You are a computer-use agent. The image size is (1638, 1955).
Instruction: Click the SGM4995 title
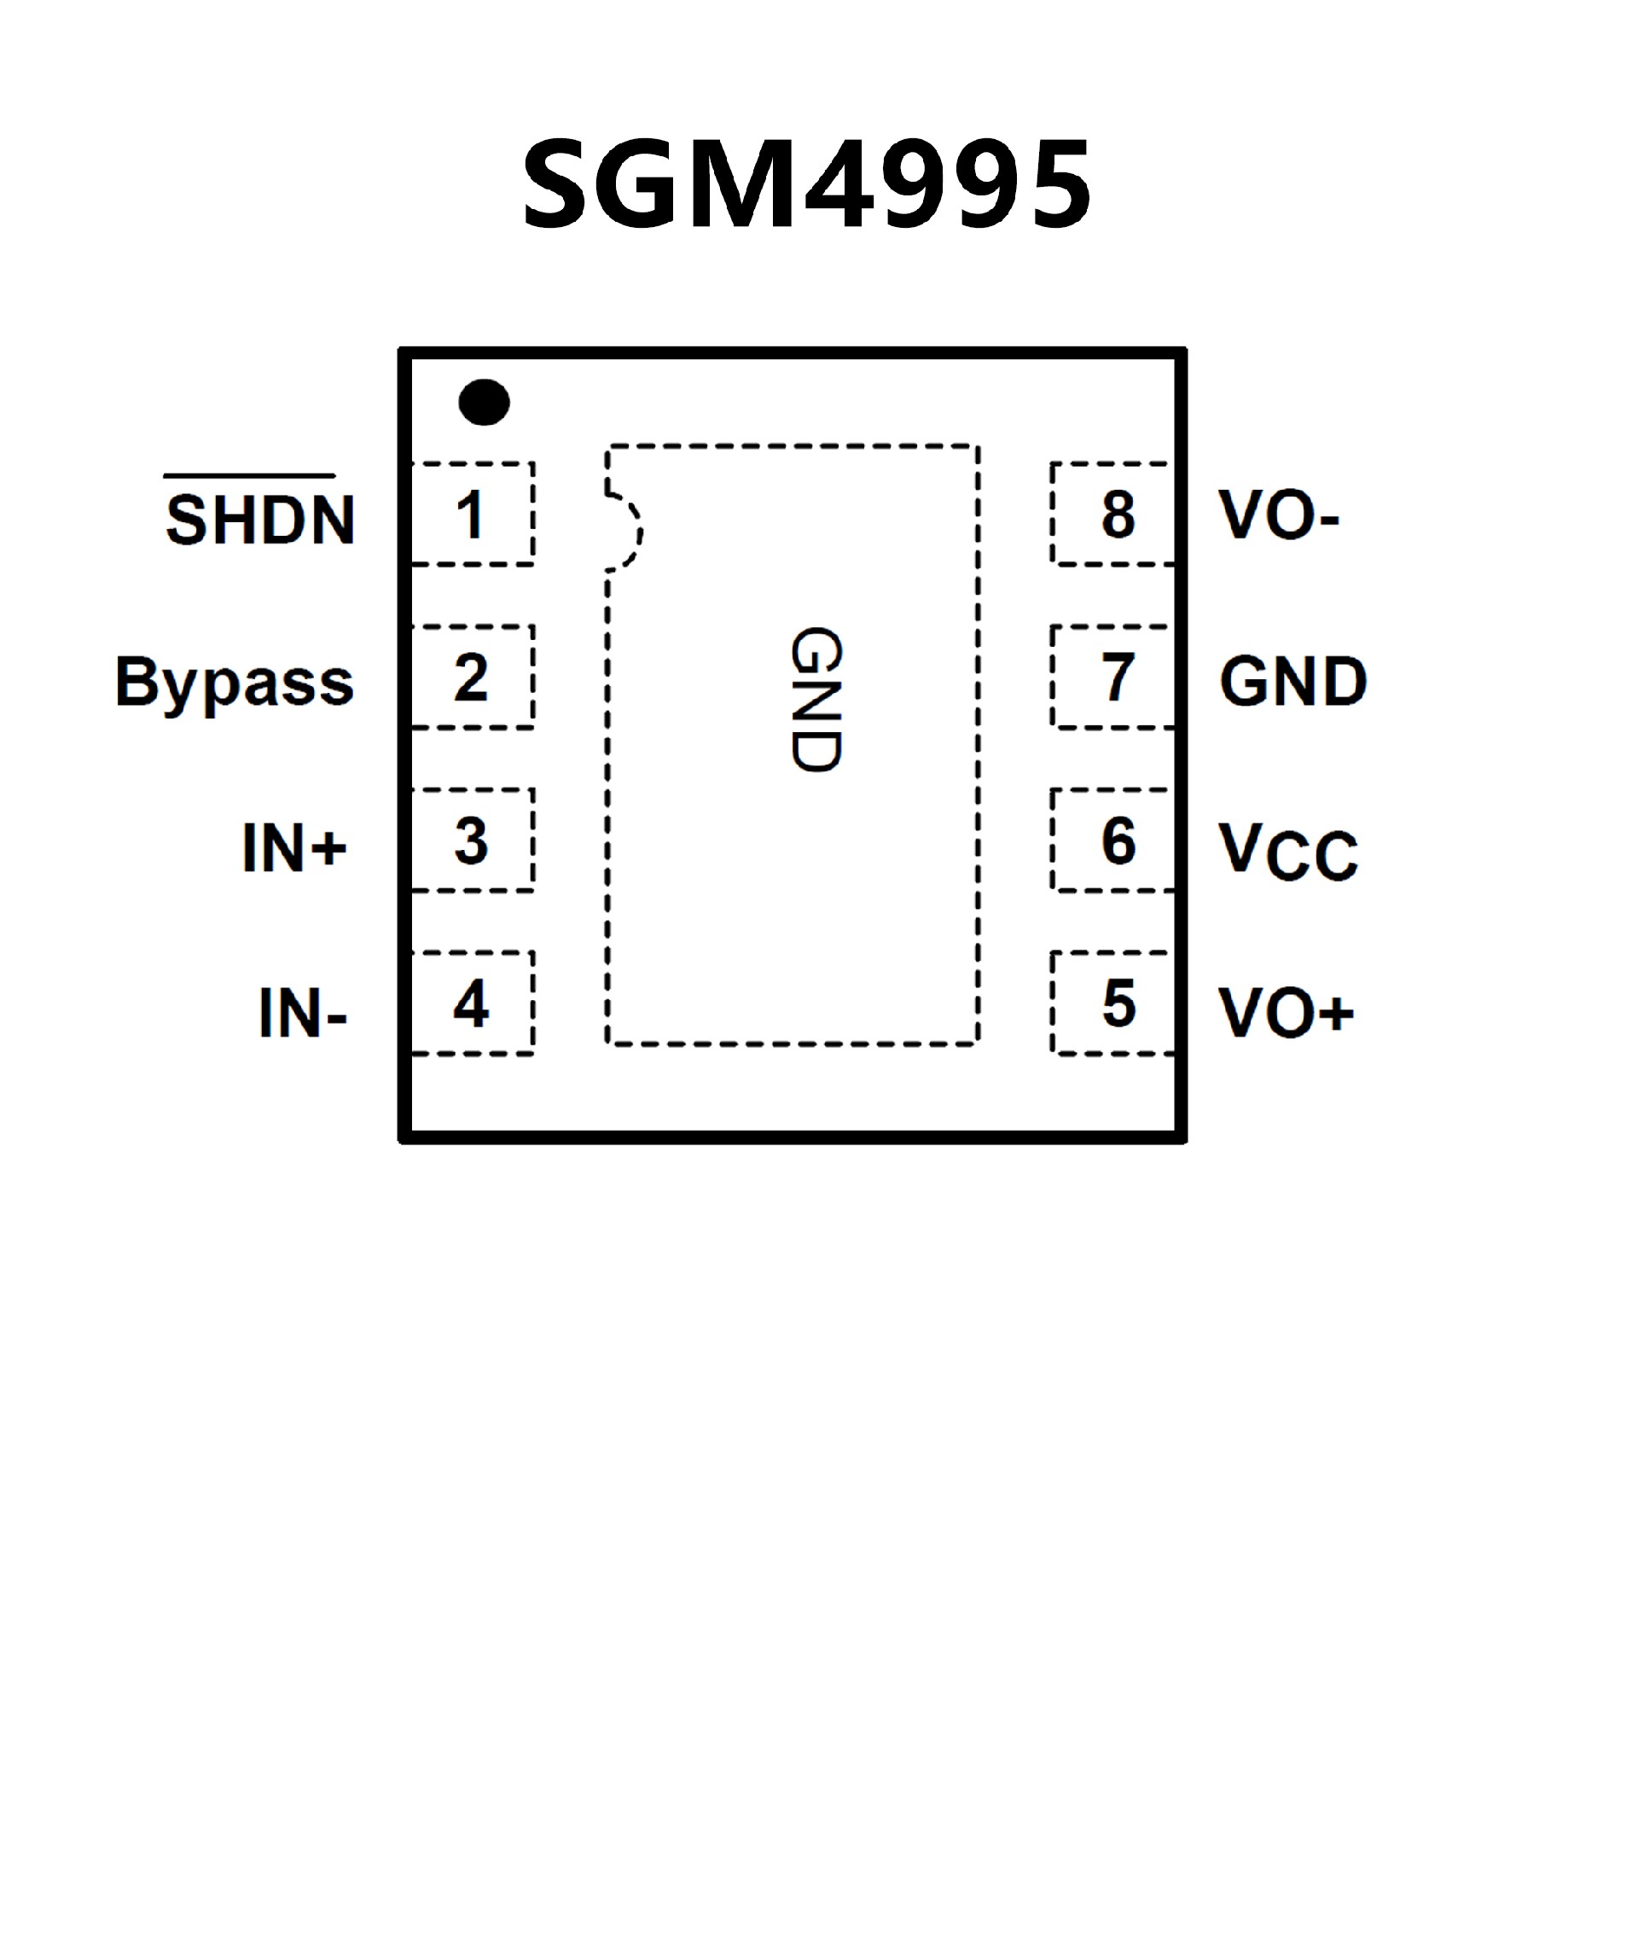807,183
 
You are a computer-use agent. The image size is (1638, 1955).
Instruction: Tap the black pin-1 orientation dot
484,402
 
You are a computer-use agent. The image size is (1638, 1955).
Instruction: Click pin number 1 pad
472,514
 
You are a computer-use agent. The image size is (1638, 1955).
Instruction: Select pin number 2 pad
472,677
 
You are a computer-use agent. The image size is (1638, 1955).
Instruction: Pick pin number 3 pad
472,840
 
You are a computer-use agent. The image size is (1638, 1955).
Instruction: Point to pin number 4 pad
472,1003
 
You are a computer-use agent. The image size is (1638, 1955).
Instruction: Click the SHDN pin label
260,518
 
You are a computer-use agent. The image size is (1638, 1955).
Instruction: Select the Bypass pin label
235,683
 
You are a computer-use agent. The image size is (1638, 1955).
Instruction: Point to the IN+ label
294,847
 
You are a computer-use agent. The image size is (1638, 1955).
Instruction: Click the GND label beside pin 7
1293,682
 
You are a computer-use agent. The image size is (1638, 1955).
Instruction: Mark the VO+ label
1287,1013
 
